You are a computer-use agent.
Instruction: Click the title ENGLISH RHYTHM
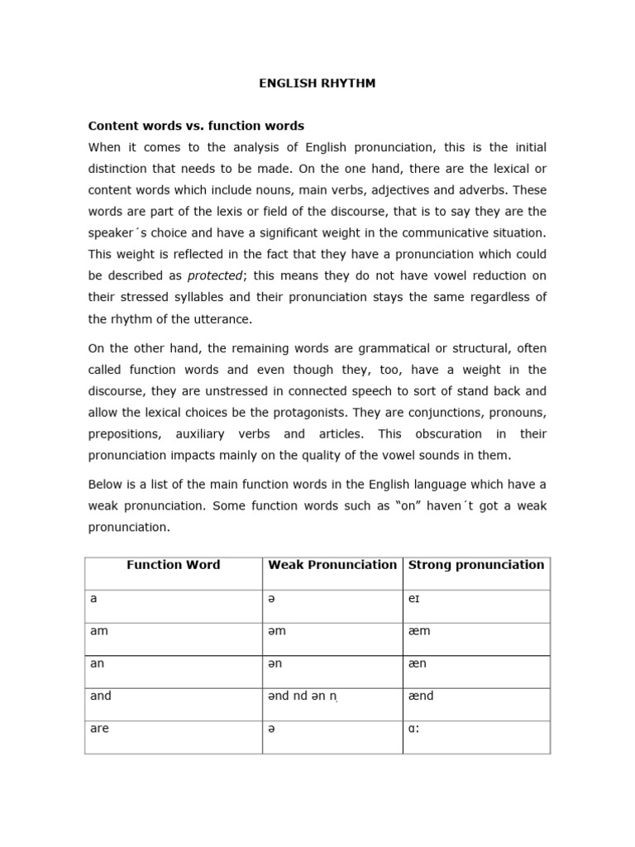317,84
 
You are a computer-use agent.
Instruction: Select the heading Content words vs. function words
196,126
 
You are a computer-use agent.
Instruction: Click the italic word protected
215,275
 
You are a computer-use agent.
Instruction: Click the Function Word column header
173,565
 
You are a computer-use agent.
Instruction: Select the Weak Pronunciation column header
332,565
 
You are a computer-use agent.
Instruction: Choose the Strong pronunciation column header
476,565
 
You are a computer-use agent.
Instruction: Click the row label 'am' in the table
99,631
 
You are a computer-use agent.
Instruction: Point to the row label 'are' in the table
99,729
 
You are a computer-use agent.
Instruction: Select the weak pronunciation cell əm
277,631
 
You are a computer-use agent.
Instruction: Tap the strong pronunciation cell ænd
421,696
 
